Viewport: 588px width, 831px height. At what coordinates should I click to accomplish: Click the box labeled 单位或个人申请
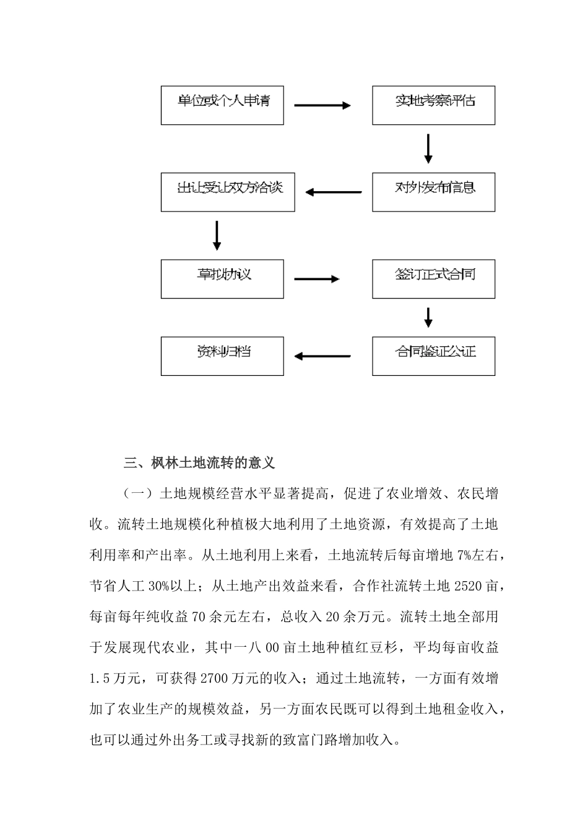222,105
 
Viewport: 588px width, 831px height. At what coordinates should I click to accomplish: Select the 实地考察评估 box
433,105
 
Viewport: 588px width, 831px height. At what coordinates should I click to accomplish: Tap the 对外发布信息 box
433,192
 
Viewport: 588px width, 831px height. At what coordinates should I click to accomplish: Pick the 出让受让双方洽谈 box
228,192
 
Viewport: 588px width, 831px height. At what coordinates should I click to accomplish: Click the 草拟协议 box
222,279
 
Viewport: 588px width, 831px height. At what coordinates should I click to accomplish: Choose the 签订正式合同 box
433,279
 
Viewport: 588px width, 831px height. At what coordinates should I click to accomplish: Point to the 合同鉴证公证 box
433,356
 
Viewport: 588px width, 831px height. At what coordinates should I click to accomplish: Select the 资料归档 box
222,356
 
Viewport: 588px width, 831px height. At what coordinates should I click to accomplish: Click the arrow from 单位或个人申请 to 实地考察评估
322,106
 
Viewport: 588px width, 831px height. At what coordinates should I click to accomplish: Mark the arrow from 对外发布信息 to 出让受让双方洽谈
334,192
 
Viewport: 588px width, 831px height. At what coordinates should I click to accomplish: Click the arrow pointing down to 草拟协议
217,235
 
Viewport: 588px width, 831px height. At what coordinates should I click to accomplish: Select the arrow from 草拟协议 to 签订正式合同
316,279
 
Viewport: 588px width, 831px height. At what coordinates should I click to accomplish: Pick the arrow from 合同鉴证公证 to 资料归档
322,356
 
